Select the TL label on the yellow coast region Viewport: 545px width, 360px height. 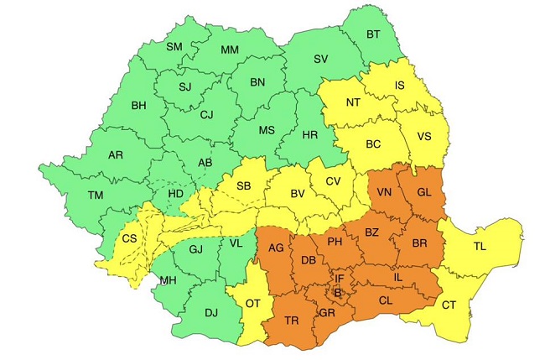(480, 247)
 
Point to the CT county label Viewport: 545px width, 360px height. (449, 305)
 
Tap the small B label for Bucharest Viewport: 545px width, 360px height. (338, 293)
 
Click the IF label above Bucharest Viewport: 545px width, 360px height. (339, 279)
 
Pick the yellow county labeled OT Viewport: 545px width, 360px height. (251, 304)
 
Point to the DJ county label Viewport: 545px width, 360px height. (210, 313)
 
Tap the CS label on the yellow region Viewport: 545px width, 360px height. (129, 238)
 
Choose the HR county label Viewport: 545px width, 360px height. (309, 135)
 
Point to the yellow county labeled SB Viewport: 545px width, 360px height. (244, 186)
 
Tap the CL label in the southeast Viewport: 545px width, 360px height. (386, 300)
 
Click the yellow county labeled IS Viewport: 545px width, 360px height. (400, 86)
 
